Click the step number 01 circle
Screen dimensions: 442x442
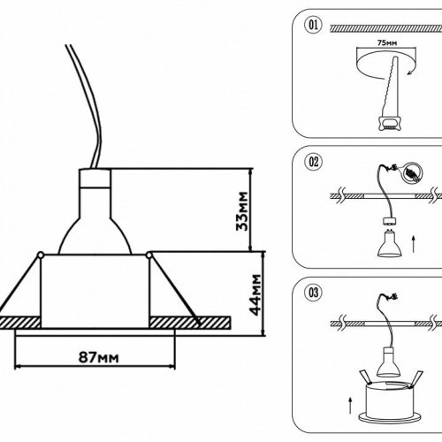311,24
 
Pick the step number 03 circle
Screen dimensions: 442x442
311,292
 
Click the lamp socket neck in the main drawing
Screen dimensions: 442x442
98,185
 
